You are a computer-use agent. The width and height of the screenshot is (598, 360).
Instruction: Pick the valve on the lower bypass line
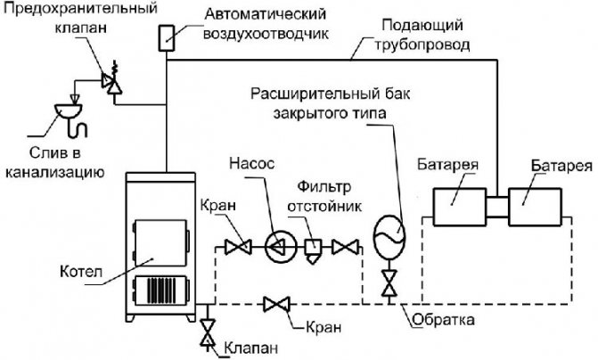(x=275, y=306)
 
